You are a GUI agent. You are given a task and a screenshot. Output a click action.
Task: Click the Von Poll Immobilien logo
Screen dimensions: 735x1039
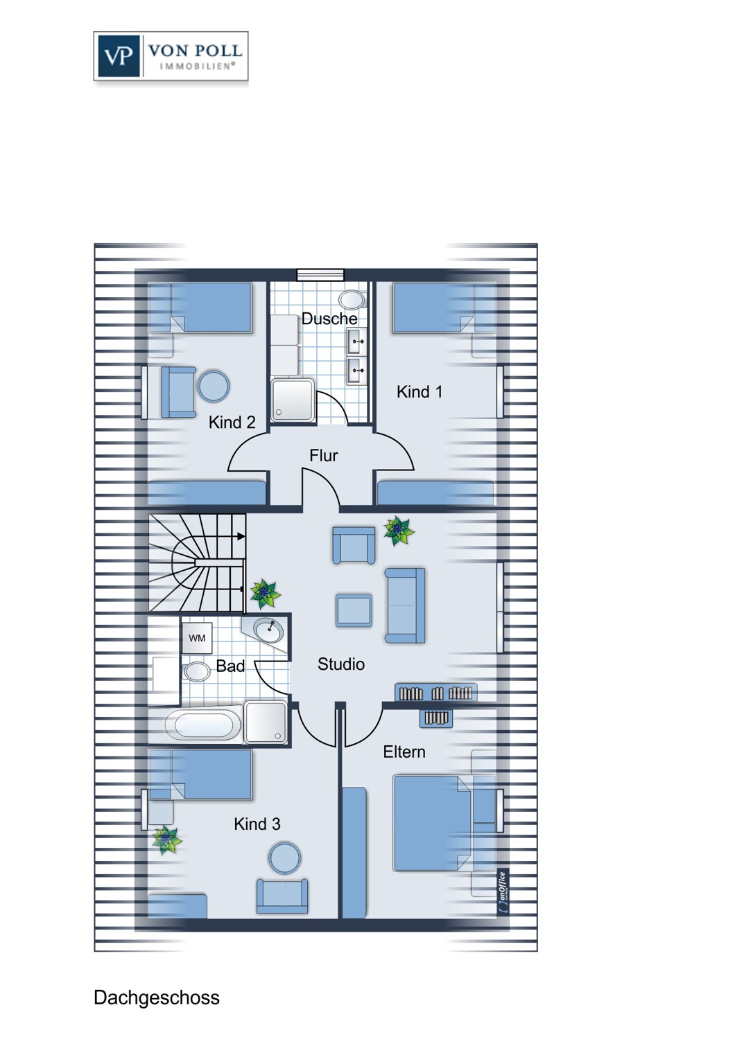pyautogui.click(x=171, y=56)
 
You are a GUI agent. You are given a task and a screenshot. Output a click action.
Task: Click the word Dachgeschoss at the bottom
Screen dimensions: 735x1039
pyautogui.click(x=157, y=997)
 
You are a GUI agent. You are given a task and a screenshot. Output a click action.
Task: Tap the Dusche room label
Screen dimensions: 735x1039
pyautogui.click(x=329, y=319)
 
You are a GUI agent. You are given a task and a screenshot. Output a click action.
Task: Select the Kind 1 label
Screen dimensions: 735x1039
pyautogui.click(x=420, y=392)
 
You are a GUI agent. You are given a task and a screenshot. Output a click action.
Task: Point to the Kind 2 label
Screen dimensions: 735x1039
pyautogui.click(x=232, y=423)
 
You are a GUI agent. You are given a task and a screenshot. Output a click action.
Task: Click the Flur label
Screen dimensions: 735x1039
pyautogui.click(x=324, y=456)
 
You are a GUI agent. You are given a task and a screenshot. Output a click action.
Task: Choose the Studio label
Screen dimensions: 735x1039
pyautogui.click(x=340, y=664)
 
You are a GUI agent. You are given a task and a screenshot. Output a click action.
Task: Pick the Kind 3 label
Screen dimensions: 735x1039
pyautogui.click(x=257, y=824)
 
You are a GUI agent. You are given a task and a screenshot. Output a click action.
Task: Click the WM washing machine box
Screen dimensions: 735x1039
pyautogui.click(x=197, y=638)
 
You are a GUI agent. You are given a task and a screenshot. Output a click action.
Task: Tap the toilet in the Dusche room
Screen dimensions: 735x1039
pyautogui.click(x=352, y=299)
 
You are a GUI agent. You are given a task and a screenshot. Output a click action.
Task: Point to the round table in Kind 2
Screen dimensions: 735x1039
pyautogui.click(x=214, y=385)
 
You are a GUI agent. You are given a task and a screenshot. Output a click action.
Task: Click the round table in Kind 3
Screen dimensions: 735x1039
pyautogui.click(x=285, y=858)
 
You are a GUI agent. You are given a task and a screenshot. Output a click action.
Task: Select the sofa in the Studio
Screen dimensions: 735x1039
pyautogui.click(x=405, y=605)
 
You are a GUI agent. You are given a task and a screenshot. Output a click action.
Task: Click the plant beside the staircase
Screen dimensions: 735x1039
pyautogui.click(x=265, y=594)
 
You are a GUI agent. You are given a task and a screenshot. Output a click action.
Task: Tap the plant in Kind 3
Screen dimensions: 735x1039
pyautogui.click(x=166, y=840)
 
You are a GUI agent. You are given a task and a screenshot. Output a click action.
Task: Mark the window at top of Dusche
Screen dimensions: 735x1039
pyautogui.click(x=320, y=274)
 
